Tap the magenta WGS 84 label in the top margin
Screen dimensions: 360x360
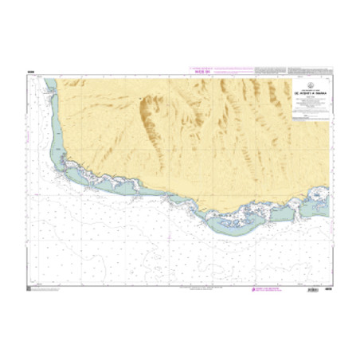pos(196,71)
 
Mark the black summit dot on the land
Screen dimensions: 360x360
pos(139,100)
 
